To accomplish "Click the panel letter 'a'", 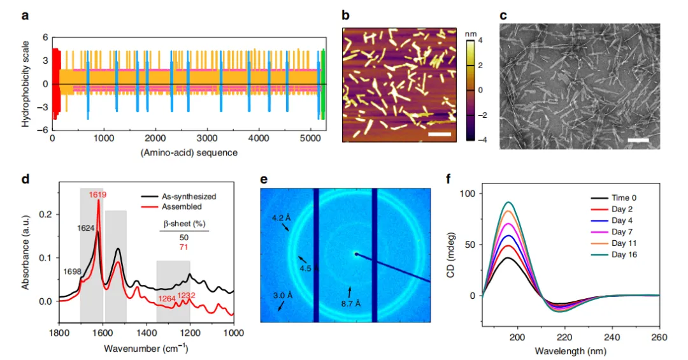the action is click(x=25, y=16).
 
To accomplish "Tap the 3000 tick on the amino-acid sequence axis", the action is click(x=206, y=138).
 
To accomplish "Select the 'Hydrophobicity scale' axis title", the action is click(x=25, y=84).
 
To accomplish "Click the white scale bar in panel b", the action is click(x=440, y=134).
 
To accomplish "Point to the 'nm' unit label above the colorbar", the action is click(x=470, y=34).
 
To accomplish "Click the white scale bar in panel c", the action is click(x=638, y=140).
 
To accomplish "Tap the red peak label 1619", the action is click(x=97, y=194).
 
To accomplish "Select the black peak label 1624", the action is click(x=86, y=228).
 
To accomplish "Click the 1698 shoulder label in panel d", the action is click(x=73, y=272).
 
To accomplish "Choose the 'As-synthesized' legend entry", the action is click(x=189, y=197).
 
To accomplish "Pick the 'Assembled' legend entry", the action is click(x=182, y=207).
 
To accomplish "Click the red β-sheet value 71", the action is click(x=183, y=247).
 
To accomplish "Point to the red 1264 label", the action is click(x=167, y=299).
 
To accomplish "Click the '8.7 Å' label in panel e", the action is click(x=350, y=303).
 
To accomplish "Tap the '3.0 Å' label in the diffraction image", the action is click(x=283, y=296).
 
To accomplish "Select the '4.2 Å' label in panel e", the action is click(x=282, y=217).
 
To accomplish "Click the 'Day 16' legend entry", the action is click(x=624, y=255).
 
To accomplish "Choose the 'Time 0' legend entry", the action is click(x=624, y=198).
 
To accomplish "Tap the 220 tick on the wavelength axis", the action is click(x=564, y=337).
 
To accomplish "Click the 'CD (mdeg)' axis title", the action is click(x=450, y=255).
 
